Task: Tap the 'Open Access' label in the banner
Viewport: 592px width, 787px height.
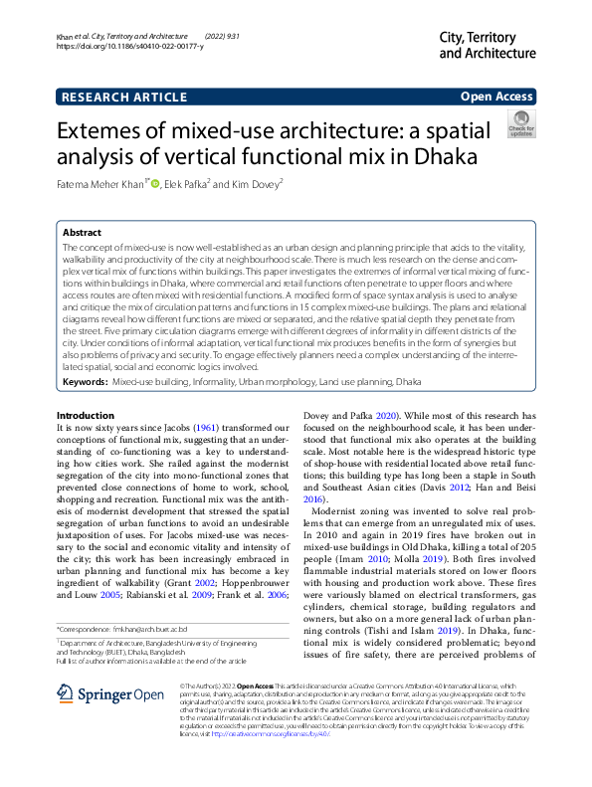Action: tap(495, 98)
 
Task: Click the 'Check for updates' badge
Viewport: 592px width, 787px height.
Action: tap(519, 125)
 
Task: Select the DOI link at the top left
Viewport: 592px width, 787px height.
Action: tap(130, 47)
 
